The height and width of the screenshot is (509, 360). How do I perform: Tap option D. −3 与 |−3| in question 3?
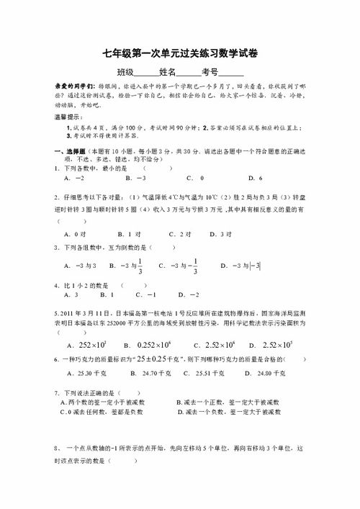(243, 266)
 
